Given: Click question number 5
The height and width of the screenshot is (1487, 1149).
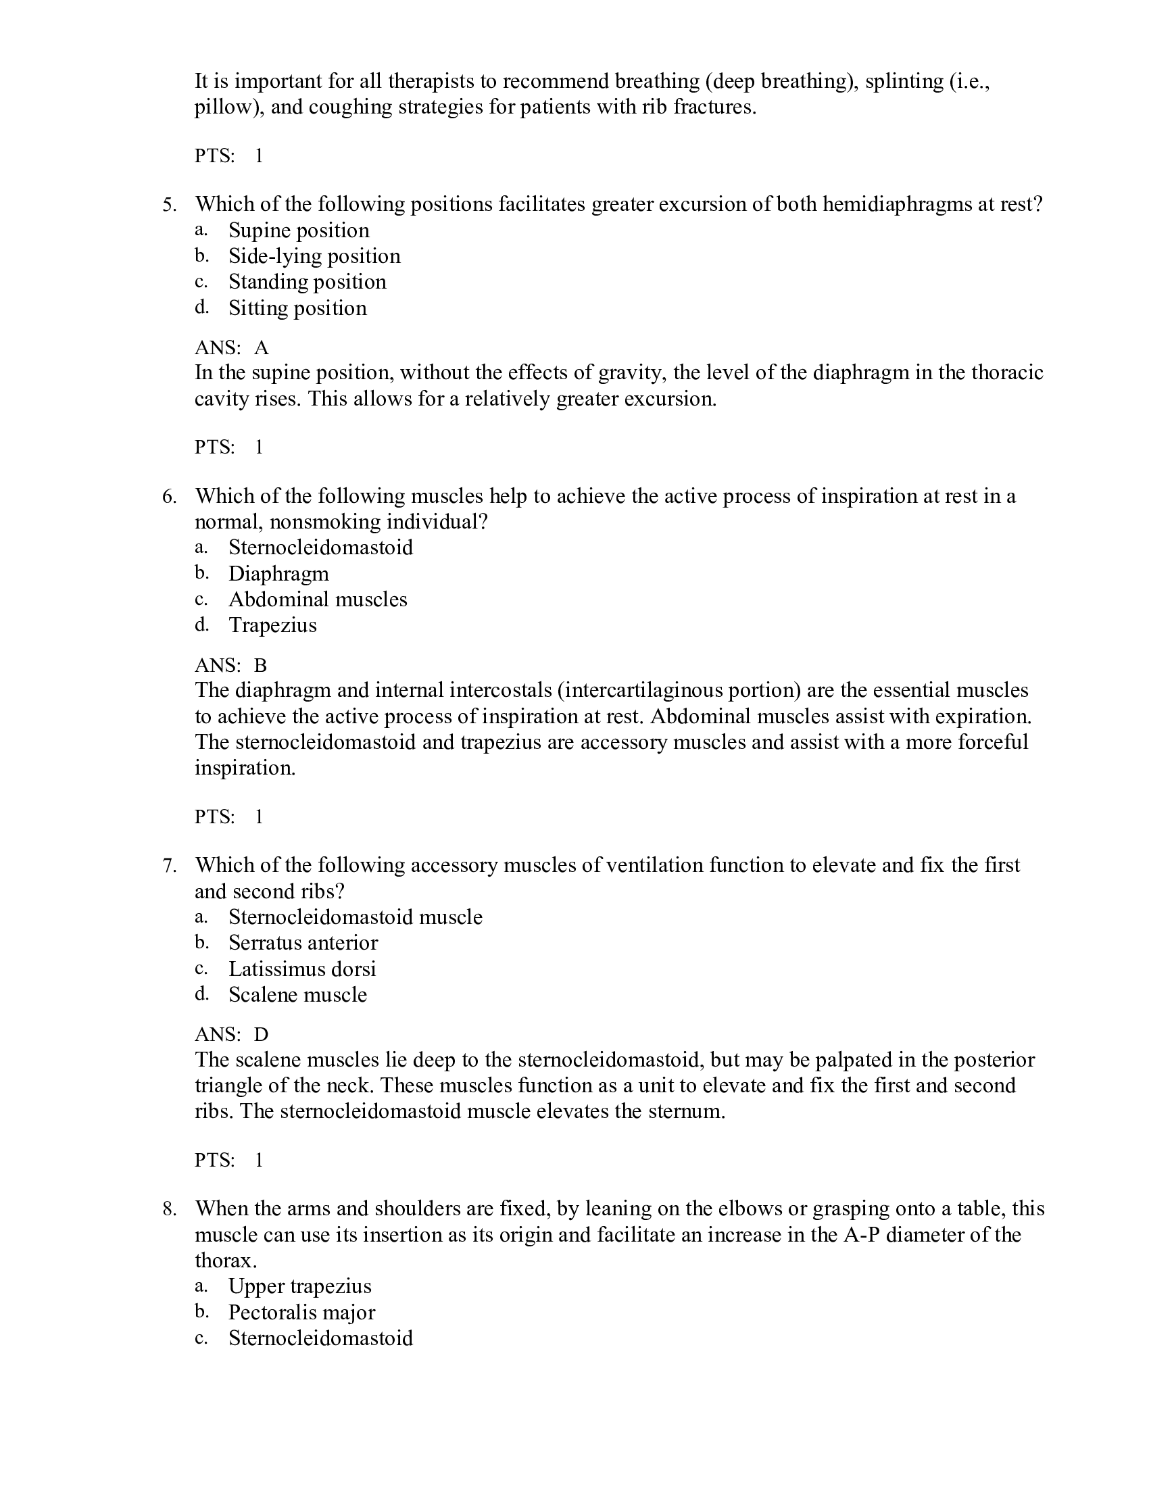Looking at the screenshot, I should (170, 205).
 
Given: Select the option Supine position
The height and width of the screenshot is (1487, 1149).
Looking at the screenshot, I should (298, 230).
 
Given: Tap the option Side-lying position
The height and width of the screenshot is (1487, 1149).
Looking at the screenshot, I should (314, 256).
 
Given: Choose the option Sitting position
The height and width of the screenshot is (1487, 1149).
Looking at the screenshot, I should (297, 308).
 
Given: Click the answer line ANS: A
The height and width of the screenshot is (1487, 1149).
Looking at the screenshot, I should (231, 348).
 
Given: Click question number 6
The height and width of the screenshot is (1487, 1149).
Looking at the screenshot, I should (170, 496).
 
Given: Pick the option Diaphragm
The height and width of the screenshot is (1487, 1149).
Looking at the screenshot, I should (278, 573).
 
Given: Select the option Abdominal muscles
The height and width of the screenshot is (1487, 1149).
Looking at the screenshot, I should (317, 599).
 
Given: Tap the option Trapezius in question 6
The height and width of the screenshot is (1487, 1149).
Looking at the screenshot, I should (272, 625).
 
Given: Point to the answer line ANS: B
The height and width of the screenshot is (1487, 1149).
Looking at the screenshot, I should (230, 665).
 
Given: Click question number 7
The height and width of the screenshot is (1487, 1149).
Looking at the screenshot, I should (170, 865).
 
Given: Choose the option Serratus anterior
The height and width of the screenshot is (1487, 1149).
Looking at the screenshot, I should (303, 943).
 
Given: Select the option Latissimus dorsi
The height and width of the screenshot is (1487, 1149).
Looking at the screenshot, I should (301, 969).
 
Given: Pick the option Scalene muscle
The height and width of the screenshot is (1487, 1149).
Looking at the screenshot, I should (297, 995).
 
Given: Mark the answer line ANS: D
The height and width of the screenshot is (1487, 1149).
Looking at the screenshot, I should (231, 1035).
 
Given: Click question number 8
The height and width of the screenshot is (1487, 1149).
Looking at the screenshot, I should (170, 1209).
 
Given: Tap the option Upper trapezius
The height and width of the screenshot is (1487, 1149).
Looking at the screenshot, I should (299, 1286).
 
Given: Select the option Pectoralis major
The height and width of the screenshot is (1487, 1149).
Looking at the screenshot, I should (301, 1312).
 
